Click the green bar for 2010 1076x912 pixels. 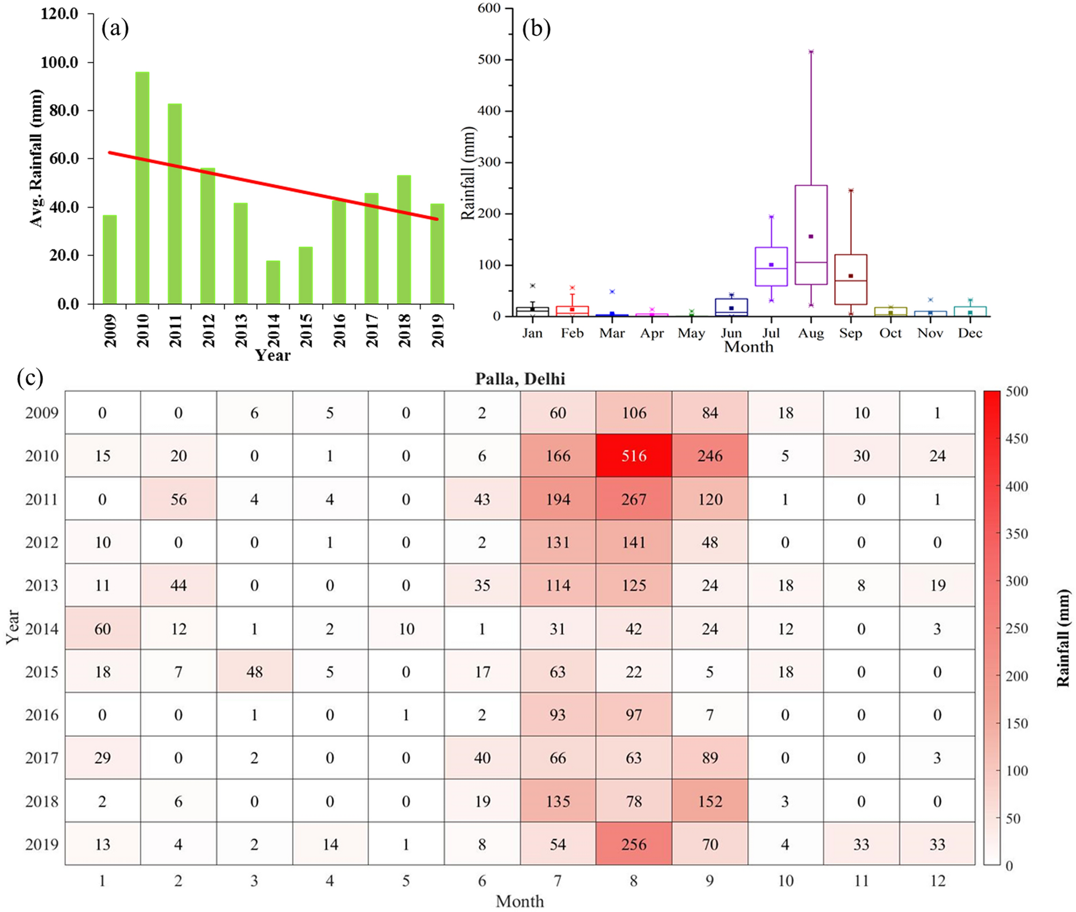[142, 188]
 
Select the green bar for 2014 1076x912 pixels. [273, 282]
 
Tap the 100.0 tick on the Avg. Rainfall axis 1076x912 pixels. [60, 62]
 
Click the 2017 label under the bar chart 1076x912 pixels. [372, 330]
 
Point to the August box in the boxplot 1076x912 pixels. [811, 234]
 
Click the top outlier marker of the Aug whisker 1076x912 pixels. [811, 52]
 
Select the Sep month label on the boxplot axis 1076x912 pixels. [850, 333]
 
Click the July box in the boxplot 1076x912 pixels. [771, 267]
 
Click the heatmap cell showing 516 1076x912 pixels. [634, 455]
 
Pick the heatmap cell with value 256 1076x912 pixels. [634, 844]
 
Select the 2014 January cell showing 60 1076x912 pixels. [102, 628]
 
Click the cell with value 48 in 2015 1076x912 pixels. [254, 672]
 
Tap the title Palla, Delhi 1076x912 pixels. [520, 379]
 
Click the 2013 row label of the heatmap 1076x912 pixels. [41, 585]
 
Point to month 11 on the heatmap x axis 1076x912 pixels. [861, 881]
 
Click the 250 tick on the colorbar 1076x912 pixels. [1016, 628]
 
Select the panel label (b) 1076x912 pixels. [536, 28]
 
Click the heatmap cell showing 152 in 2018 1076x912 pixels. [710, 801]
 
